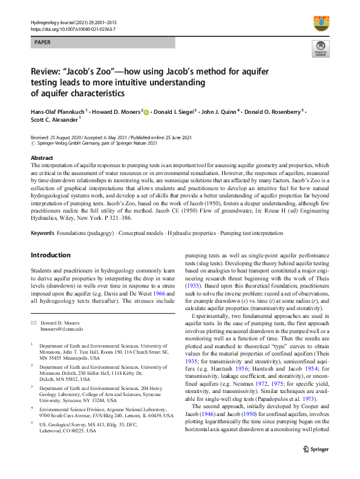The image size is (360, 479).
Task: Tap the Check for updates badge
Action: (320, 49)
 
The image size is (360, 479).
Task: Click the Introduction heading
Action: (50, 255)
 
